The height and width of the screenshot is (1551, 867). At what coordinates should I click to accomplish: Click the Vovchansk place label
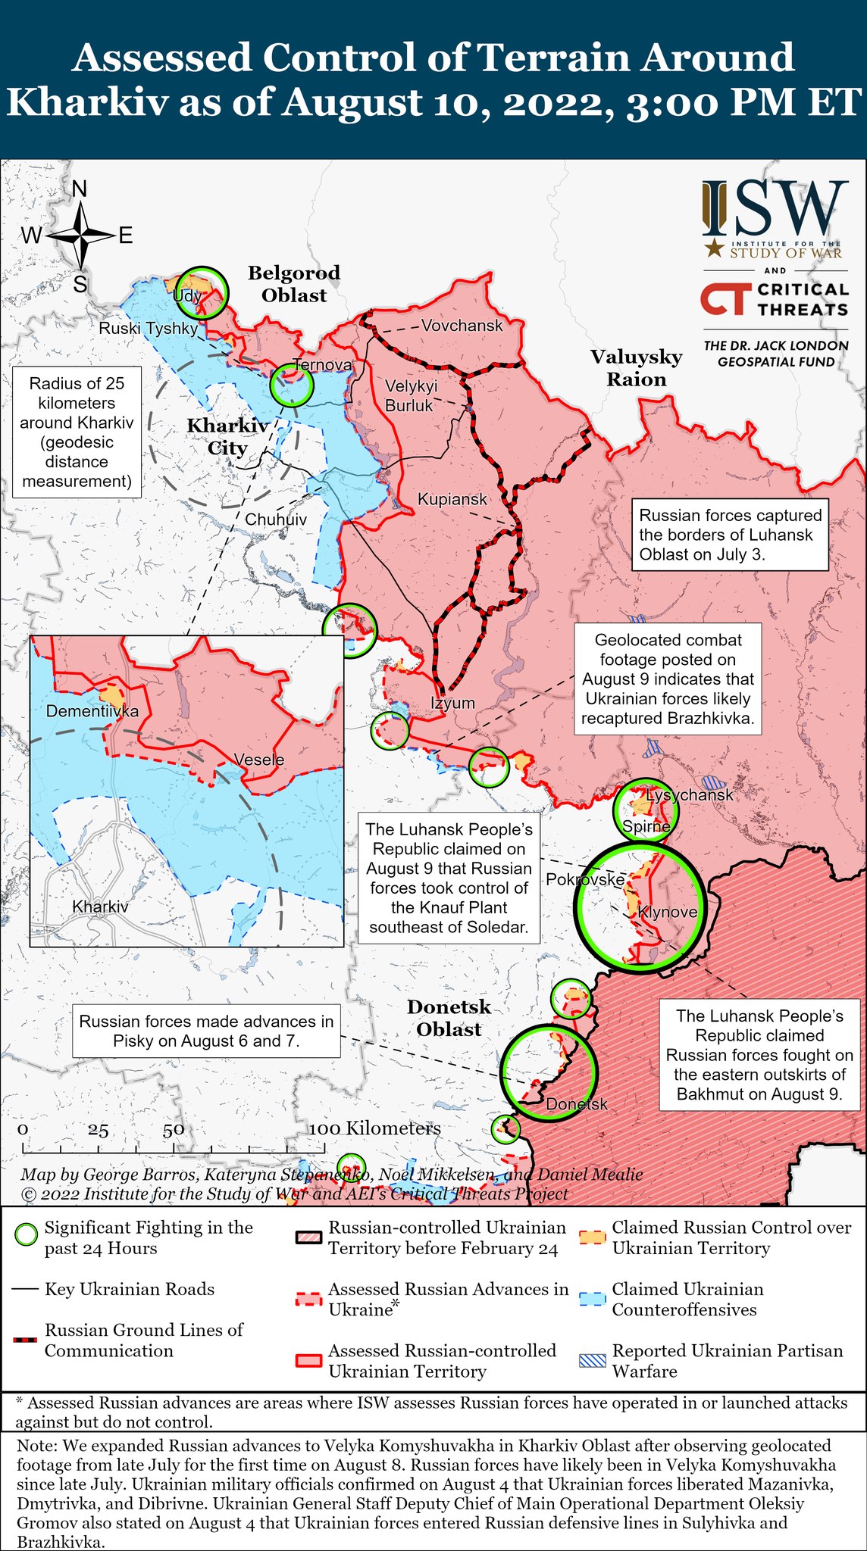coord(462,326)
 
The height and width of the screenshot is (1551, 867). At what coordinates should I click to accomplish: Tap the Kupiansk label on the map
coord(452,500)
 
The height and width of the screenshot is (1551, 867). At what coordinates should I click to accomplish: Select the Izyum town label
coord(452,703)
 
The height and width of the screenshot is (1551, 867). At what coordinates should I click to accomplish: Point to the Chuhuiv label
coord(276,520)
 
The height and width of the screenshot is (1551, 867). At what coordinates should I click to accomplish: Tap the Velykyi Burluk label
coord(411,395)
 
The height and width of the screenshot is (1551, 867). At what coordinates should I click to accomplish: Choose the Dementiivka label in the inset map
coord(92,711)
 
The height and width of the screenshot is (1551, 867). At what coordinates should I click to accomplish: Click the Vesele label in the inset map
coord(258,760)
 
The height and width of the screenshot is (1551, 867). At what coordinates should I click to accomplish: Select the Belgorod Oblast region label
coord(294,284)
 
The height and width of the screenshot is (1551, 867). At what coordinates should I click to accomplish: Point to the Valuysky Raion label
coord(636,368)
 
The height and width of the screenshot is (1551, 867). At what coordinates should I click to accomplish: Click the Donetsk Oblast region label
coord(449,1018)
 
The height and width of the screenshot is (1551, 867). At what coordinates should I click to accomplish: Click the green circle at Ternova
coord(292,385)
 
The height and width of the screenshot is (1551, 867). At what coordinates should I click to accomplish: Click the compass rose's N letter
coord(79,189)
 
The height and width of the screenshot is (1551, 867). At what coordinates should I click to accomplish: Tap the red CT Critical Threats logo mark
coord(725,299)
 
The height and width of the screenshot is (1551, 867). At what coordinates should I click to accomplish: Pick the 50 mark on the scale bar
coord(173,1129)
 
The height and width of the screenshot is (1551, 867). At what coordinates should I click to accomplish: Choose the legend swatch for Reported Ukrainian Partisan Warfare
coord(593,1359)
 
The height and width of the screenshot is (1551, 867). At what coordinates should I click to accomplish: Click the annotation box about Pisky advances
coord(206,1031)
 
